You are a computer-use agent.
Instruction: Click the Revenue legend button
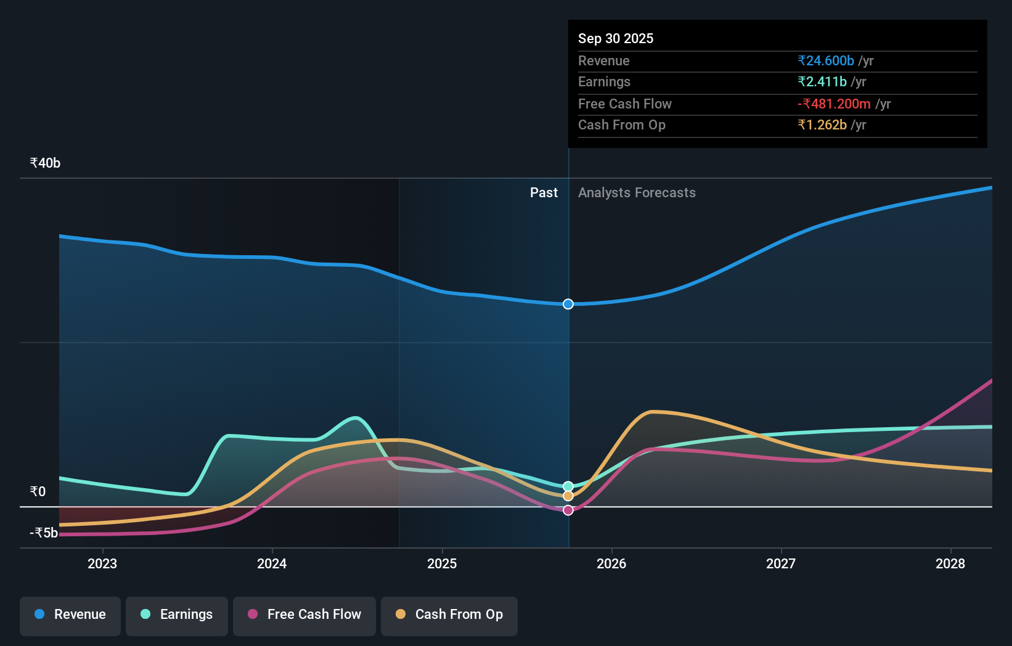(x=70, y=615)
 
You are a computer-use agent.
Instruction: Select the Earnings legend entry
(x=177, y=615)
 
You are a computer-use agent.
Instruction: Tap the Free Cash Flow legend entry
(x=304, y=615)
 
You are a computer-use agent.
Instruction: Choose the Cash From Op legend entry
(x=449, y=615)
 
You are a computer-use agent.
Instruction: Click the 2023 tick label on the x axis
(x=102, y=564)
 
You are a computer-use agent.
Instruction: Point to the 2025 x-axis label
(x=442, y=564)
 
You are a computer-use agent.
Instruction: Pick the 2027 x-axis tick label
(x=781, y=564)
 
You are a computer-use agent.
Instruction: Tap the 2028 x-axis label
(x=950, y=564)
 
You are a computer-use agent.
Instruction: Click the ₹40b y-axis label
(x=45, y=163)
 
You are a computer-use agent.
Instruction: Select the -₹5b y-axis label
(x=44, y=533)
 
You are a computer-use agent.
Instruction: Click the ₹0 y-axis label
(x=38, y=492)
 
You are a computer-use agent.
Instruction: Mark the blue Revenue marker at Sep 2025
(x=568, y=304)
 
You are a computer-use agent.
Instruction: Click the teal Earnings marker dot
(x=568, y=486)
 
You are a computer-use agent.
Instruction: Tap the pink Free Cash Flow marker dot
(x=568, y=510)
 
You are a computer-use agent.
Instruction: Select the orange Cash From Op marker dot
(x=568, y=496)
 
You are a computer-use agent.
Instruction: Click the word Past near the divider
(x=544, y=193)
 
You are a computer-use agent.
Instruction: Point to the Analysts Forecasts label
(x=637, y=193)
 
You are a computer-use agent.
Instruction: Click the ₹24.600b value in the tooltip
(x=826, y=61)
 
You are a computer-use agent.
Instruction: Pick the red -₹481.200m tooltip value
(x=834, y=104)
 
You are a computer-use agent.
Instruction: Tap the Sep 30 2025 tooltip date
(x=616, y=39)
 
